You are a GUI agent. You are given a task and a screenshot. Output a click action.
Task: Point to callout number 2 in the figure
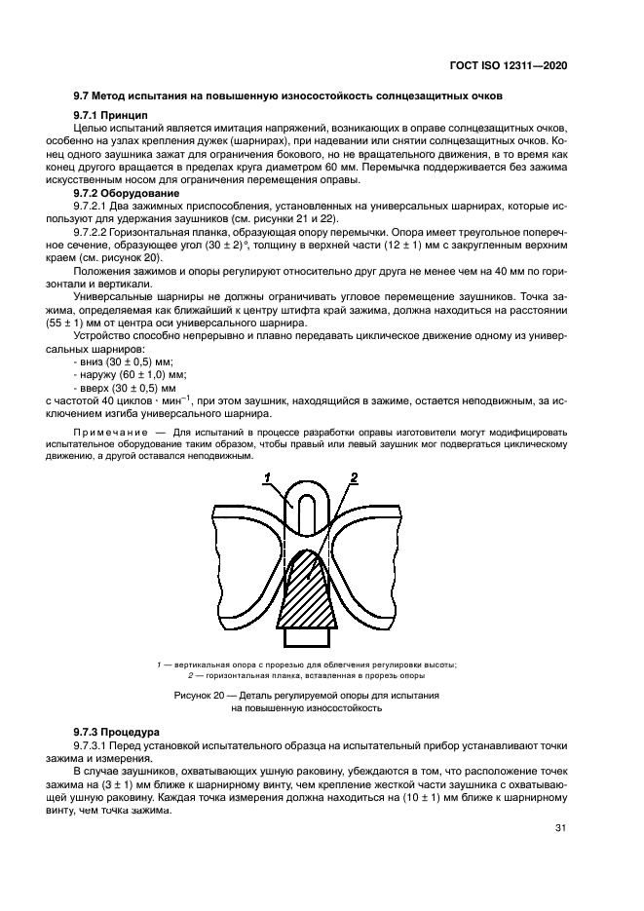point(355,477)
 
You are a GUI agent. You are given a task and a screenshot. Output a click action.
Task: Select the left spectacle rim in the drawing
point(248,565)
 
